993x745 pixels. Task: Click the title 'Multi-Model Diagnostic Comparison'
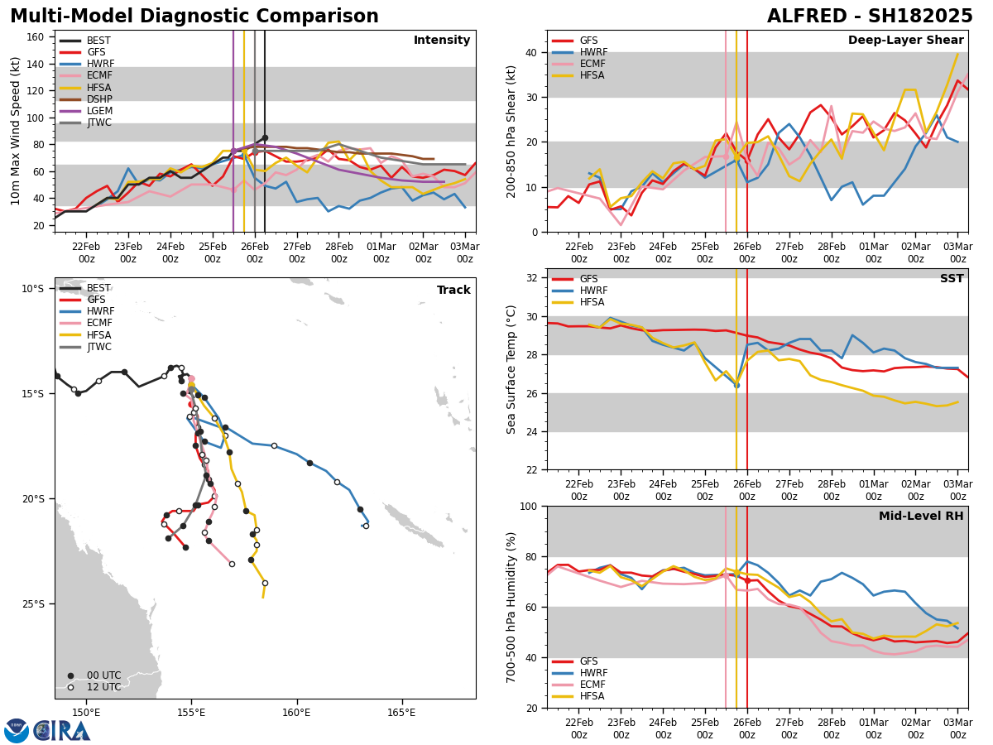point(194,17)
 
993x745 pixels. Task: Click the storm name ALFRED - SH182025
point(870,17)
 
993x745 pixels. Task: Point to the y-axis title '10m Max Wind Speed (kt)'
point(16,131)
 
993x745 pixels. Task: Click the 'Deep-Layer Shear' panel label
point(905,41)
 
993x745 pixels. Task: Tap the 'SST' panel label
point(952,279)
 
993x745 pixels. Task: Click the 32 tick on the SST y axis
point(533,278)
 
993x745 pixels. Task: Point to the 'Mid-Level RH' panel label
point(921,517)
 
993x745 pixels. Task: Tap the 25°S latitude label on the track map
point(33,604)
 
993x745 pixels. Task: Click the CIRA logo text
point(62,730)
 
